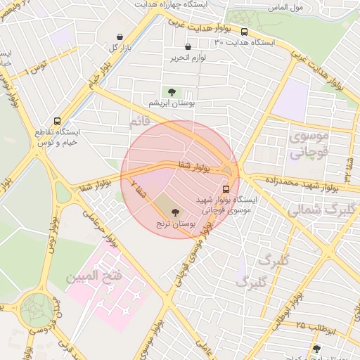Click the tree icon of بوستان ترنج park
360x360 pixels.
(x=175, y=211)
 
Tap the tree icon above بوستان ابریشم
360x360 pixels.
(x=171, y=91)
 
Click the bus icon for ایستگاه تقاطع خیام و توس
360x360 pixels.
(x=57, y=120)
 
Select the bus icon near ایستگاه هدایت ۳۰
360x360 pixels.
(x=244, y=32)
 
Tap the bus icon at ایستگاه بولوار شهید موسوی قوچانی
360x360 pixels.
(x=226, y=189)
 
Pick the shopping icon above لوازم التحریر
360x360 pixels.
(x=187, y=46)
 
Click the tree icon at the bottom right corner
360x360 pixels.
(x=317, y=348)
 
